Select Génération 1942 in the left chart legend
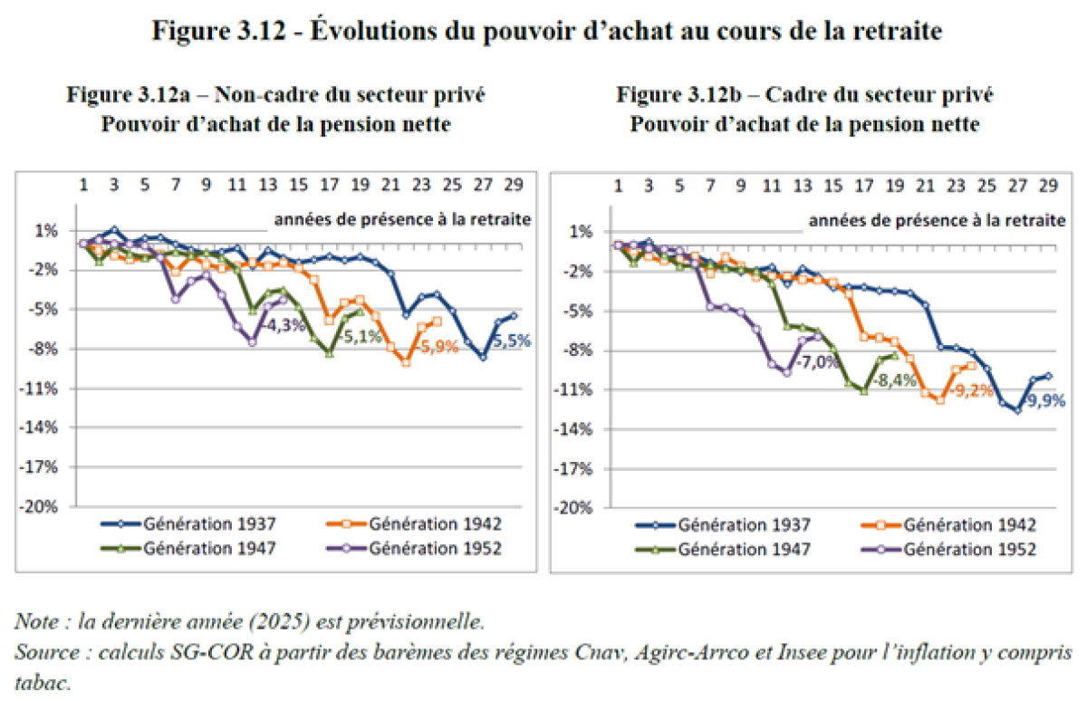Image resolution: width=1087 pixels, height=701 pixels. coord(435,523)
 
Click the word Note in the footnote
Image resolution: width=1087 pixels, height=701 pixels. coord(35,623)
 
